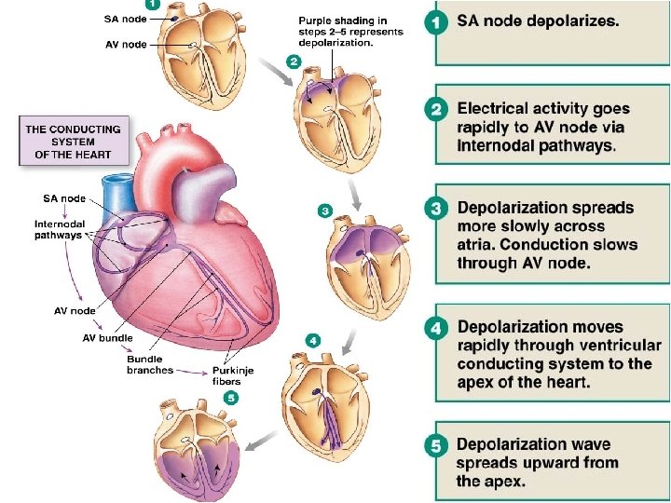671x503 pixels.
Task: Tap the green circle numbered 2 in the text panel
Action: tap(435, 110)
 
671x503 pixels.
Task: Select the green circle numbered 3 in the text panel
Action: tap(435, 208)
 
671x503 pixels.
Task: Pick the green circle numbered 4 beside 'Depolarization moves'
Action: tap(435, 328)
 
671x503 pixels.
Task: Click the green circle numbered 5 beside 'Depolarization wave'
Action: tap(435, 446)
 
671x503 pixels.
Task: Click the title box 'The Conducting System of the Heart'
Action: tap(74, 142)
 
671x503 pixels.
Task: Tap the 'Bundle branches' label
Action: tap(150, 364)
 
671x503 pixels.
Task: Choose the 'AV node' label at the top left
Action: tap(126, 45)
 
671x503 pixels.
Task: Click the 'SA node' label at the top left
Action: tap(126, 17)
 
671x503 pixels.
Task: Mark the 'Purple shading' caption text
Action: tap(350, 31)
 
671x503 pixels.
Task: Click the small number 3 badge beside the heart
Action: tap(325, 211)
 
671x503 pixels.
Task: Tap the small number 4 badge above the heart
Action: tap(313, 341)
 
